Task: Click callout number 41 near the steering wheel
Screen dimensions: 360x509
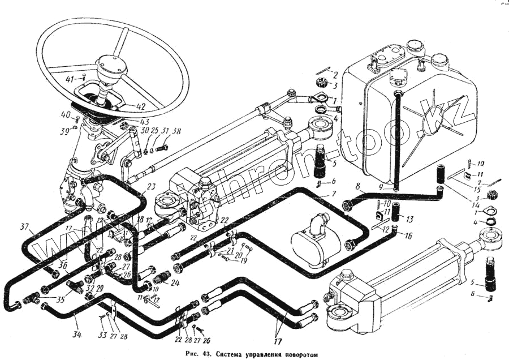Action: tap(70, 79)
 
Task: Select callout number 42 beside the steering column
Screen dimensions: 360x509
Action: tap(140, 106)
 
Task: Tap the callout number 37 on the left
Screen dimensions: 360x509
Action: tap(24, 228)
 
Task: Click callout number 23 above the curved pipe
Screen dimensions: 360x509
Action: tap(150, 187)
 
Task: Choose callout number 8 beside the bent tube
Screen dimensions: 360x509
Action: tap(358, 186)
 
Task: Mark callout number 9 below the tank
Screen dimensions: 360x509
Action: tap(383, 187)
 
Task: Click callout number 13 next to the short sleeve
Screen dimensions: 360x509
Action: tap(409, 220)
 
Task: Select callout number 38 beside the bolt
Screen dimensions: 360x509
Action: tap(177, 131)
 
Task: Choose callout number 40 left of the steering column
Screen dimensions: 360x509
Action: tap(66, 115)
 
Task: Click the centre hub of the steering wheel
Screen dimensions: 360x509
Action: tap(109, 63)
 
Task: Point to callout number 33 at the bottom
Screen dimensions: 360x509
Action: tap(102, 336)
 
